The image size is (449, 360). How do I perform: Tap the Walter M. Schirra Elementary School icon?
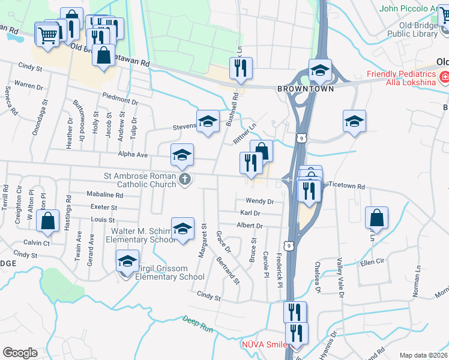[x=182, y=229]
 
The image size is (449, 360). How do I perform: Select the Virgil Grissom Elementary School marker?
[x=127, y=262]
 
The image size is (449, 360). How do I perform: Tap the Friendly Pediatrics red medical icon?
[x=444, y=77]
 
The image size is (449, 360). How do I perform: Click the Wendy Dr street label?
[x=259, y=202]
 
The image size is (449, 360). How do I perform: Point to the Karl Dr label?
[x=250, y=213]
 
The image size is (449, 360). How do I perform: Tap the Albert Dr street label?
[x=250, y=226]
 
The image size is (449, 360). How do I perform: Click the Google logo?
[x=20, y=352]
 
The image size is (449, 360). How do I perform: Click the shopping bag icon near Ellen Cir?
[x=376, y=218]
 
